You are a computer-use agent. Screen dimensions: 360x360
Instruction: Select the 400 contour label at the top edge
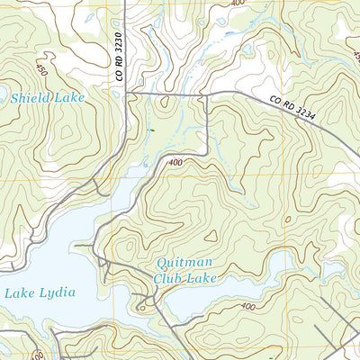click(237, 4)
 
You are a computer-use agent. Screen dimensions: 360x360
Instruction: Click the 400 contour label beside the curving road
click(175, 162)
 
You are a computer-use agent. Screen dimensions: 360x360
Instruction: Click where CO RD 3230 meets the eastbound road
click(125, 92)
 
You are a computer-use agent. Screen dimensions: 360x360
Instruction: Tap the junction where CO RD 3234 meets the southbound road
click(208, 93)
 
